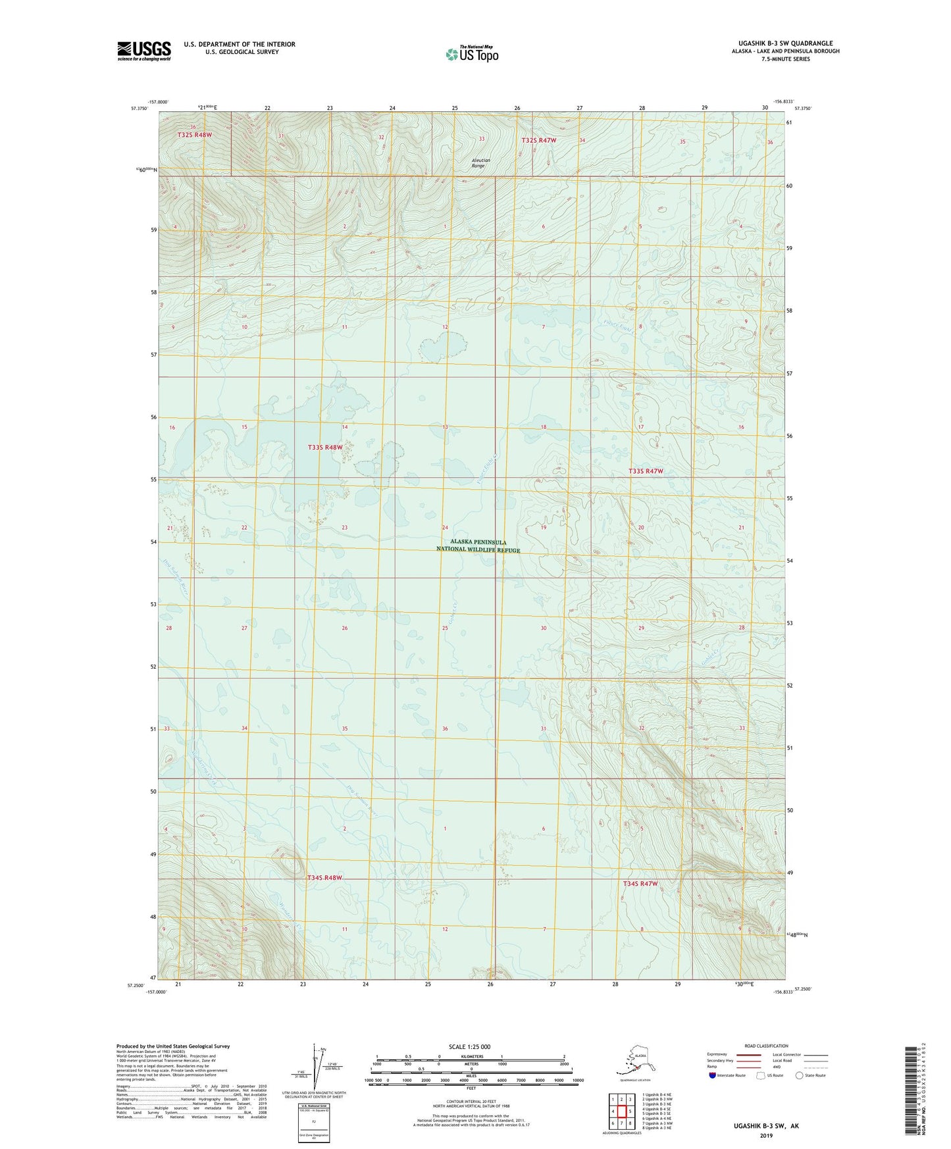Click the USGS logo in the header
[x=144, y=51]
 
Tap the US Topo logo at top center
[x=472, y=54]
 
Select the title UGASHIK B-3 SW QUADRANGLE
[x=785, y=43]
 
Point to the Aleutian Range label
[x=480, y=163]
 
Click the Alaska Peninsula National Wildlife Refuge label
[x=478, y=546]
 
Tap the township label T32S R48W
[x=195, y=135]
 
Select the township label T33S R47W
[x=646, y=471]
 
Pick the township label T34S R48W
[x=325, y=878]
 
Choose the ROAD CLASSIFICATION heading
[x=766, y=1046]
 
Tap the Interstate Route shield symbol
[x=713, y=1076]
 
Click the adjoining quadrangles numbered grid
[x=621, y=1111]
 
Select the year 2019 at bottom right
[x=766, y=1135]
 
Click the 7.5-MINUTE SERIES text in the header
[x=785, y=59]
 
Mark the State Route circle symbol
[x=800, y=1076]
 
